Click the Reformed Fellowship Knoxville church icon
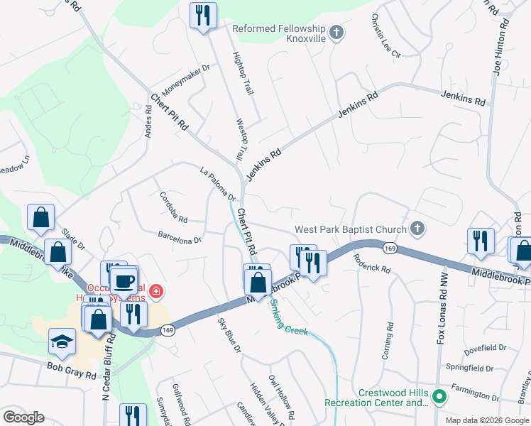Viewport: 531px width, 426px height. point(337,33)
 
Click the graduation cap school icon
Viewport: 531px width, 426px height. point(62,342)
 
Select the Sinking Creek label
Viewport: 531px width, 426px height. point(288,317)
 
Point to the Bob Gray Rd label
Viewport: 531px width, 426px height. point(71,368)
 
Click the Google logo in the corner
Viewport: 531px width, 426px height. point(24,417)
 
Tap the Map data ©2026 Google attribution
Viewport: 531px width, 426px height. point(486,420)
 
